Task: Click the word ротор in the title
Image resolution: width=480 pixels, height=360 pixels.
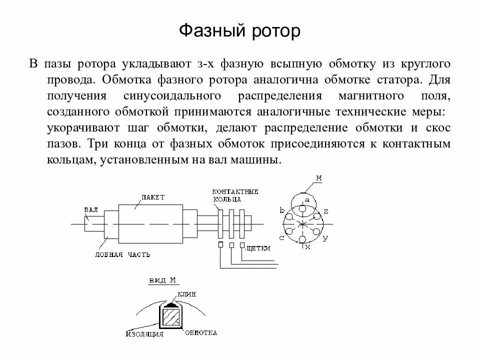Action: coord(273,31)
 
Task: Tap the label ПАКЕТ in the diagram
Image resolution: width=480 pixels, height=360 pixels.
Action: coord(152,197)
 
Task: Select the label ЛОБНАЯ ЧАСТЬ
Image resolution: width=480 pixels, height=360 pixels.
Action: coord(122,254)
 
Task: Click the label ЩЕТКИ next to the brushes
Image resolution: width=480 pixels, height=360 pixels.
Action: coord(258,248)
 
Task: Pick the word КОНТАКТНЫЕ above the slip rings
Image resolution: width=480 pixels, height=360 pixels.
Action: coord(235,192)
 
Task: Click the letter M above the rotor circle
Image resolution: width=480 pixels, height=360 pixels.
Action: coord(319,177)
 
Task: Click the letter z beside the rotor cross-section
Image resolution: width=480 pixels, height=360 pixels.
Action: coord(325,211)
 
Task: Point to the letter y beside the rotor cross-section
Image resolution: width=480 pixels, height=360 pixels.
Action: coord(325,238)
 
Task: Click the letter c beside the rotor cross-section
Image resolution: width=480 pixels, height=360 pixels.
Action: coord(282,238)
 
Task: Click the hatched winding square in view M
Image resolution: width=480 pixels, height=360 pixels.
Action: coord(170,317)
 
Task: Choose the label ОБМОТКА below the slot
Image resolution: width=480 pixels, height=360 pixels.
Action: coord(201,332)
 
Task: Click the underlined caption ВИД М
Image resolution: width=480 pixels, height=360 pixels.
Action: coord(162,281)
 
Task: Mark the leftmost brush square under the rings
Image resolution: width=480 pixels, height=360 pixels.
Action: coord(220,244)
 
